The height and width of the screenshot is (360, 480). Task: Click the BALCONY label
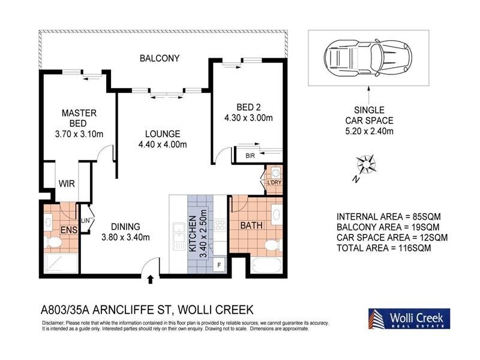[160, 58]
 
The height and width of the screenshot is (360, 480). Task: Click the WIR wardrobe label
[66, 184]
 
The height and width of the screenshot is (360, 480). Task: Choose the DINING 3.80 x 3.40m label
[125, 231]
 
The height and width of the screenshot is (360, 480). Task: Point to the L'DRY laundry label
[274, 182]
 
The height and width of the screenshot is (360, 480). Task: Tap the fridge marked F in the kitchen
[219, 264]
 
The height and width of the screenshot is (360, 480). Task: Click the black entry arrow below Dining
[150, 278]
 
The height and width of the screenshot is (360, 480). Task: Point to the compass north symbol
[365, 164]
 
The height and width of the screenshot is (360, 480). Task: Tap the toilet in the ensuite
[53, 242]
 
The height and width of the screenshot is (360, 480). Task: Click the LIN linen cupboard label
[86, 221]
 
